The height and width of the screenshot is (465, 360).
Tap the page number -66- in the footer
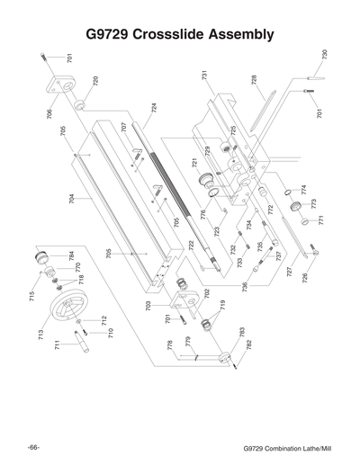pyautogui.click(x=32, y=447)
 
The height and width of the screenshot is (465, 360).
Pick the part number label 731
pyautogui.click(x=205, y=76)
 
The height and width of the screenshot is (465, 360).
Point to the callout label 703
pyautogui.click(x=148, y=307)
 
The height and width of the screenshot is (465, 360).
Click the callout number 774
pyautogui.click(x=303, y=191)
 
